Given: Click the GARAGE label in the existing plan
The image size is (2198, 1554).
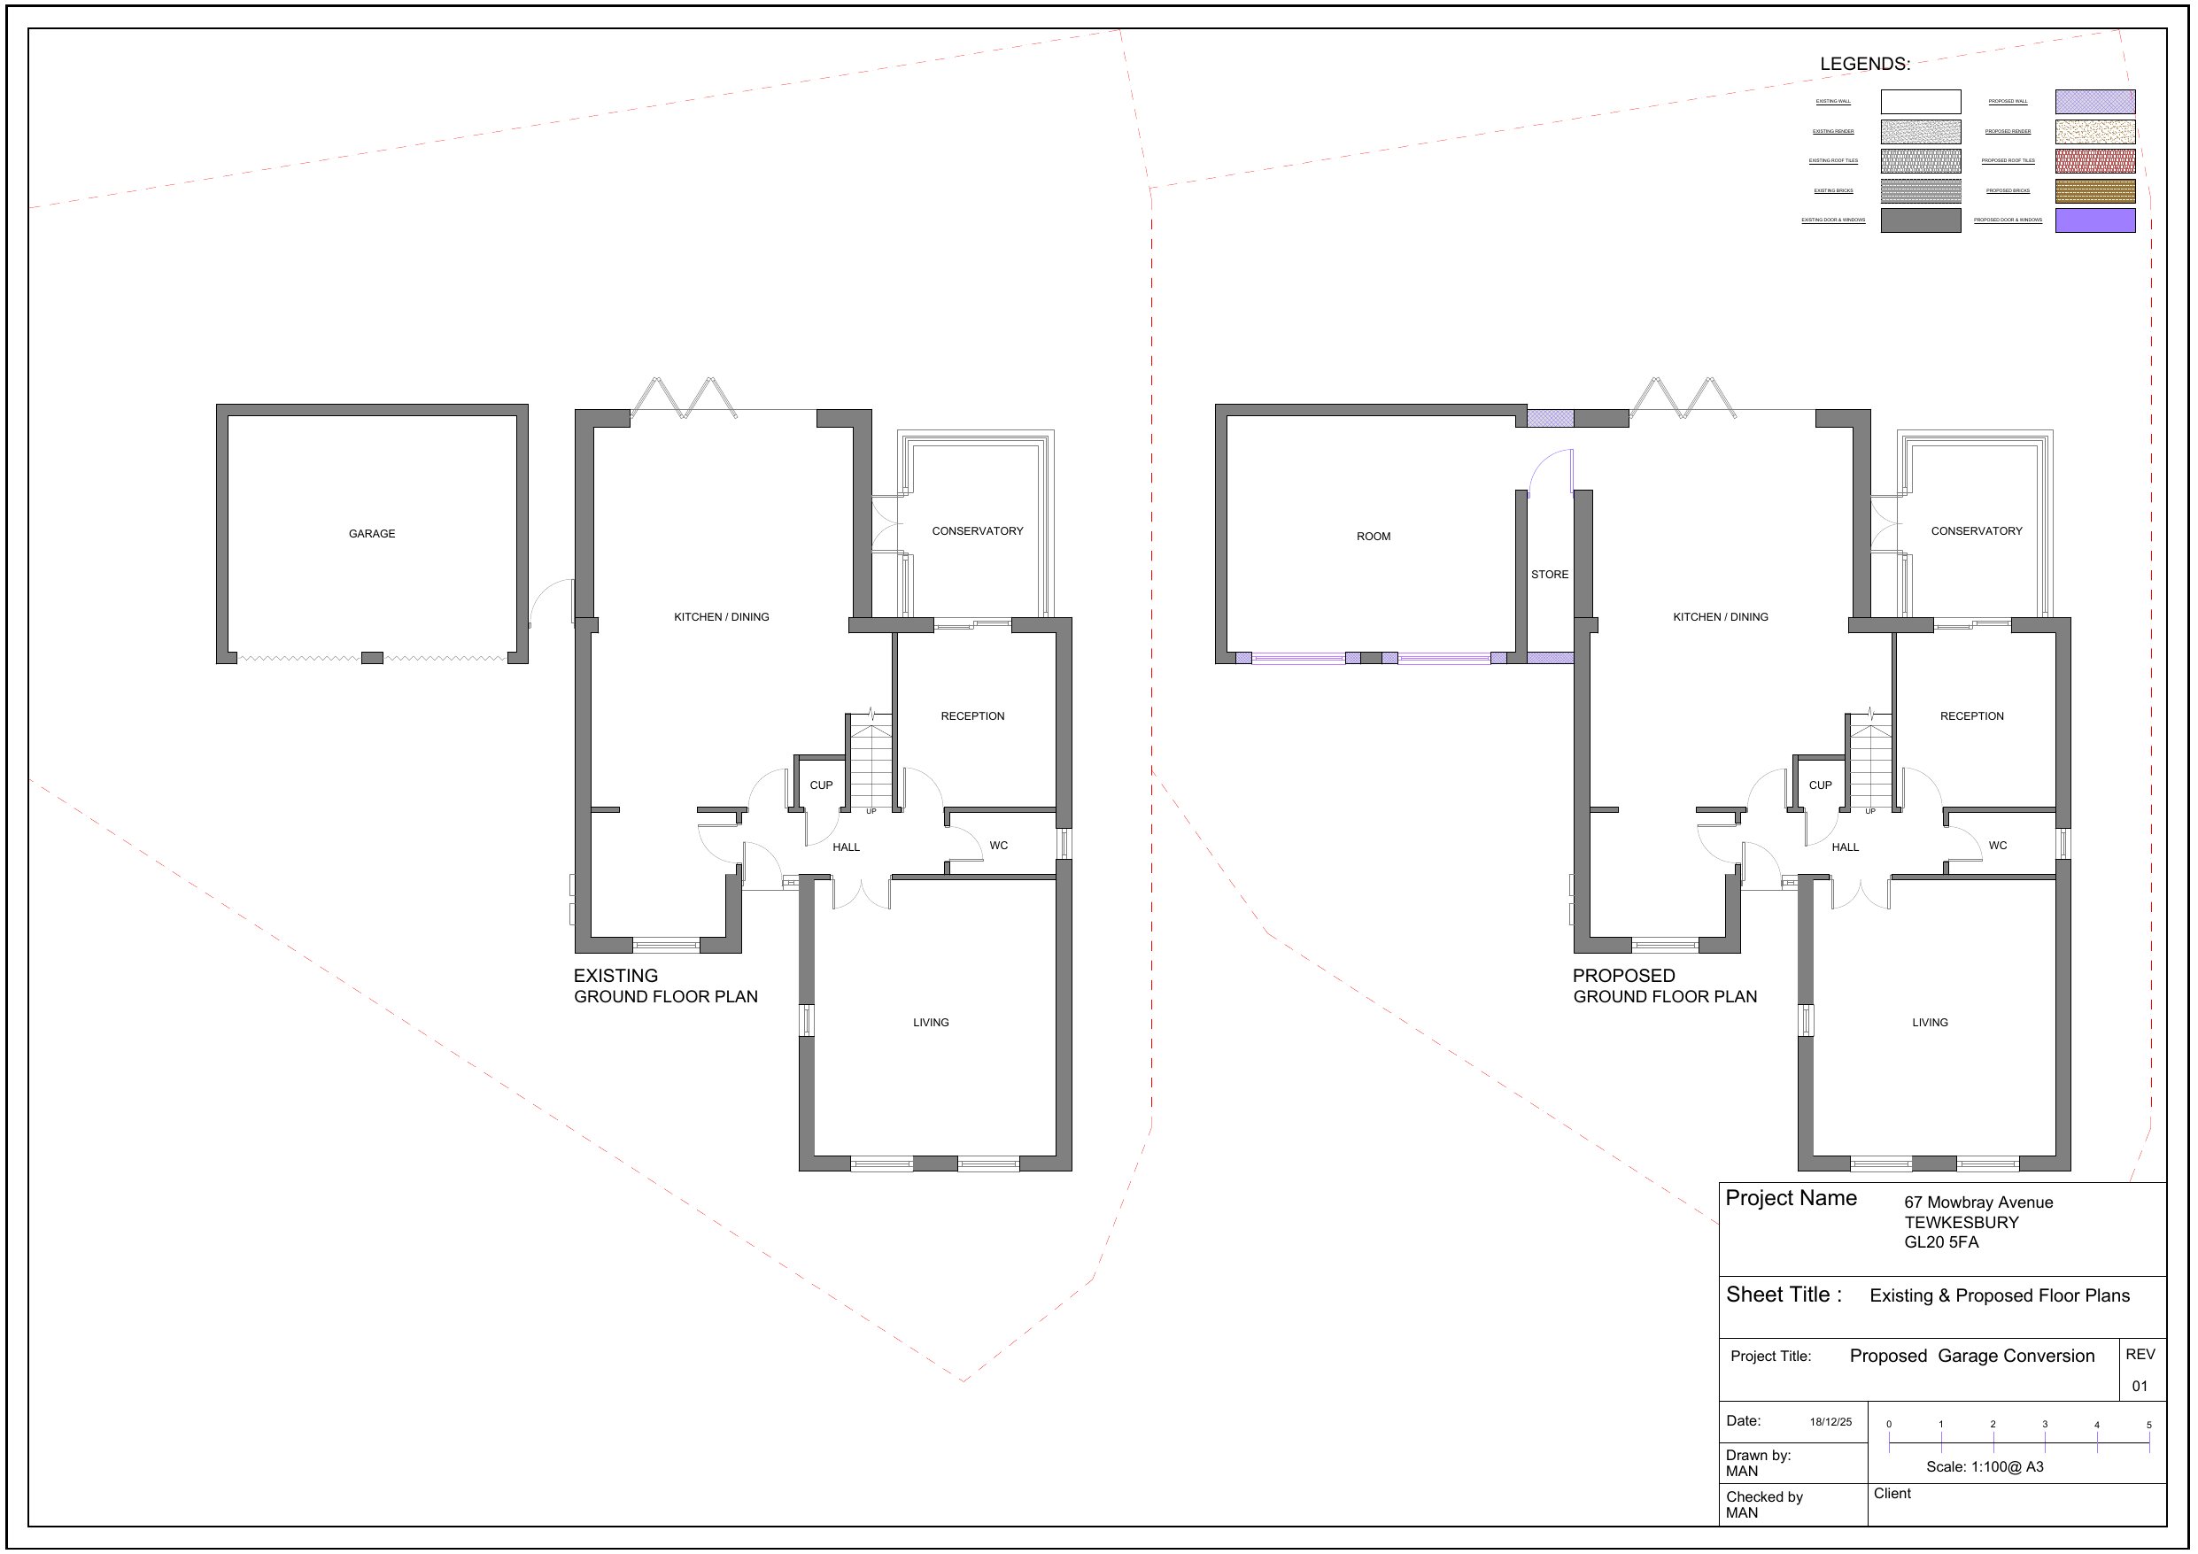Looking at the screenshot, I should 371,533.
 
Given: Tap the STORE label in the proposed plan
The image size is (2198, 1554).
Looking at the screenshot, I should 1549,575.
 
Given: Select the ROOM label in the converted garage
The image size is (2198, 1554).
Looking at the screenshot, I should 1373,537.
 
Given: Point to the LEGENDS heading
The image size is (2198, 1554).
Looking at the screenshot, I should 1864,64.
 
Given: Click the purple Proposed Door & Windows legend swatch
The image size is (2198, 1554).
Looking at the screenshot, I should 2094,220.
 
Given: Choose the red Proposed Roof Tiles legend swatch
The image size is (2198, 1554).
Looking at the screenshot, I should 2094,161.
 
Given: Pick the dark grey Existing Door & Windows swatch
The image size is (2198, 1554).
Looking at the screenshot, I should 1921,220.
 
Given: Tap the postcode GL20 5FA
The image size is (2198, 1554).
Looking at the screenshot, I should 1940,1241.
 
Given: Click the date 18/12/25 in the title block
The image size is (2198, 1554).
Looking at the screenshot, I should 1830,1422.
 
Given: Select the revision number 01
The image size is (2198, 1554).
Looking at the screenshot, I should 2140,1386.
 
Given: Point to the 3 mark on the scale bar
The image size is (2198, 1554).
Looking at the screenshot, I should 2045,1425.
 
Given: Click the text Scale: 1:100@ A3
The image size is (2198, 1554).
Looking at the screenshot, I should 1985,1466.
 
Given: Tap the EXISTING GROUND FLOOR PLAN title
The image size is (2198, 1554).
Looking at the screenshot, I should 665,986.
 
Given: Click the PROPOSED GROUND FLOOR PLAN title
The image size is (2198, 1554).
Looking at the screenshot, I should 1665,986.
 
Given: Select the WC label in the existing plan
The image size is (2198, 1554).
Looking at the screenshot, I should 998,846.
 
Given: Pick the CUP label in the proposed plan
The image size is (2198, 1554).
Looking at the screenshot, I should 1820,785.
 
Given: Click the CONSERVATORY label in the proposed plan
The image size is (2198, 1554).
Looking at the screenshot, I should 1976,530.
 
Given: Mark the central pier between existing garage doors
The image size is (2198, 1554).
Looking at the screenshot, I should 371,658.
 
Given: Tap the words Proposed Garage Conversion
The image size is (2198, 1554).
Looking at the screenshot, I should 1972,1356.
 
